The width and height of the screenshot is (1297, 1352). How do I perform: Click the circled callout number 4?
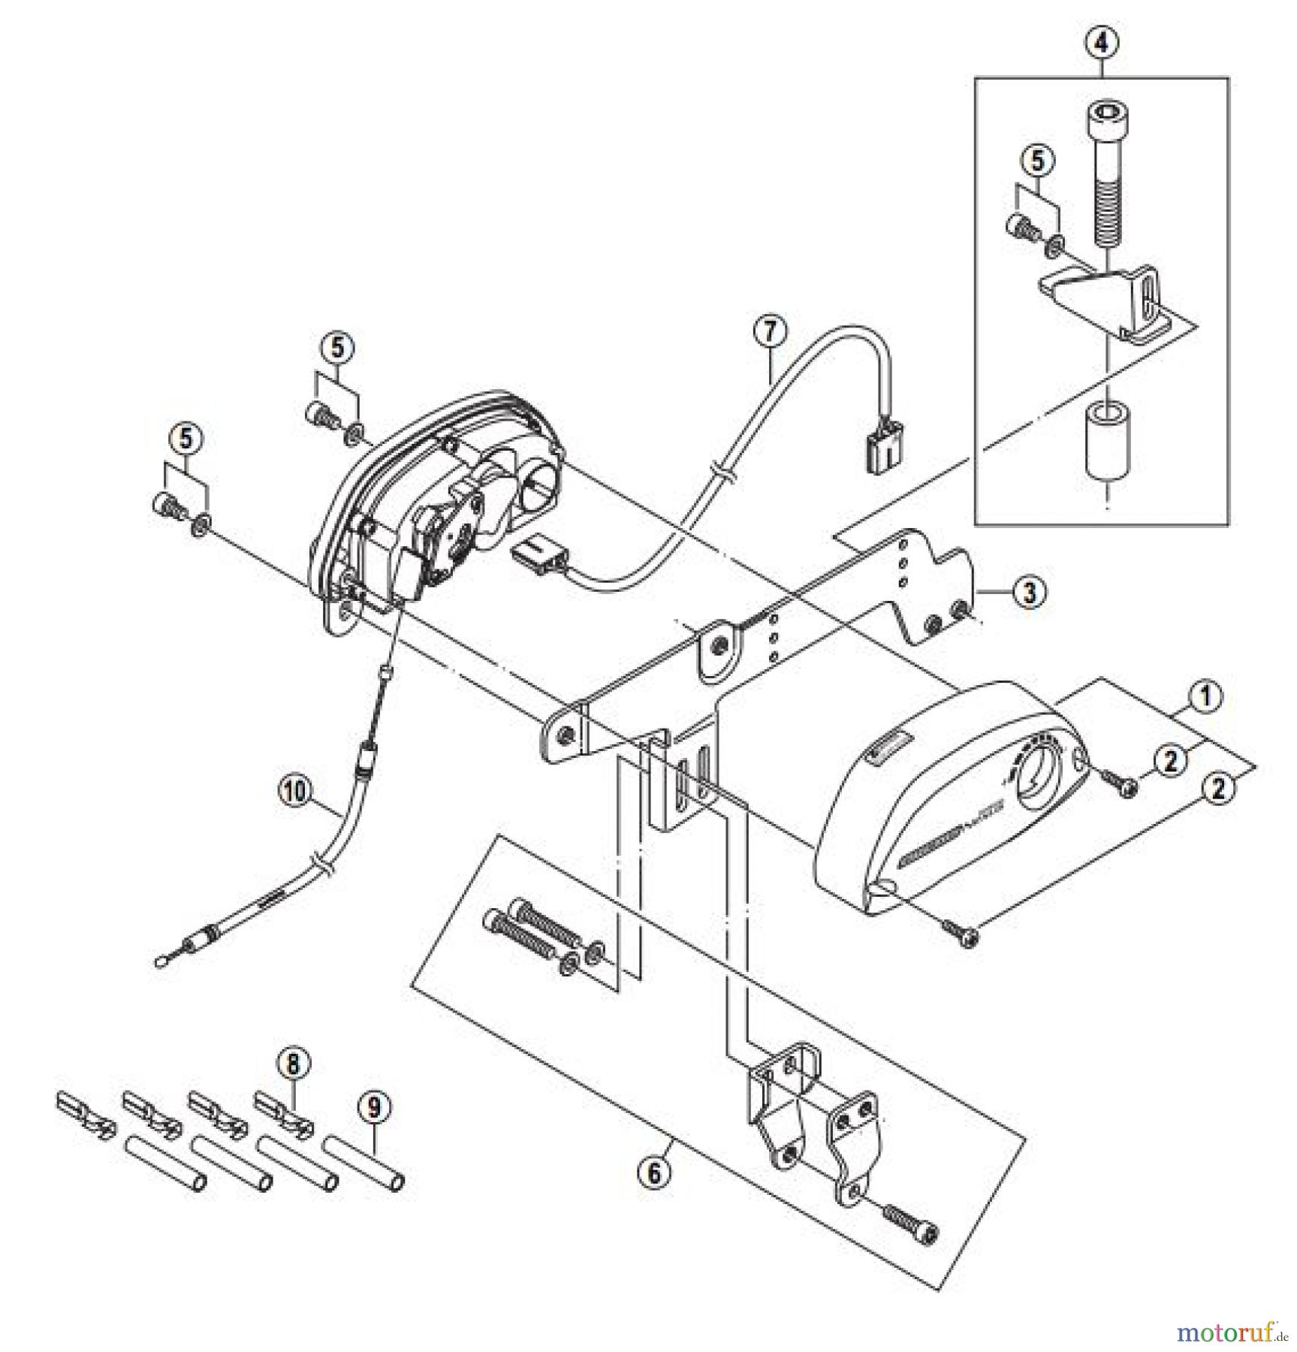1101,43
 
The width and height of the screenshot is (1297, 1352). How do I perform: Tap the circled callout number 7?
771,331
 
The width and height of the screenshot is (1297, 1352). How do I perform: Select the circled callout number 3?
1029,592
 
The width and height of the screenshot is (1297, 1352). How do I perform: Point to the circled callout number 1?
1205,696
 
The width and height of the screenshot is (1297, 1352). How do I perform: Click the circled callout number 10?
295,790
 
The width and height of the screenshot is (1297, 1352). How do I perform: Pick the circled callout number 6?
653,1172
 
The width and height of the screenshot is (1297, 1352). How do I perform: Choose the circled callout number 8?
293,1064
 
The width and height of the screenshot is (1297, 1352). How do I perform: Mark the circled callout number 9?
375,1106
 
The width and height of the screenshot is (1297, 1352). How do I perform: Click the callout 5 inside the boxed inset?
1037,160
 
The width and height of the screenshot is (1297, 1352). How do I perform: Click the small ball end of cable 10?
160,961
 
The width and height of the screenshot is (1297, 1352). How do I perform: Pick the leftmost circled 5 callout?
186,439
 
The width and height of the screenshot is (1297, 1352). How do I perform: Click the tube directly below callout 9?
364,1163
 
